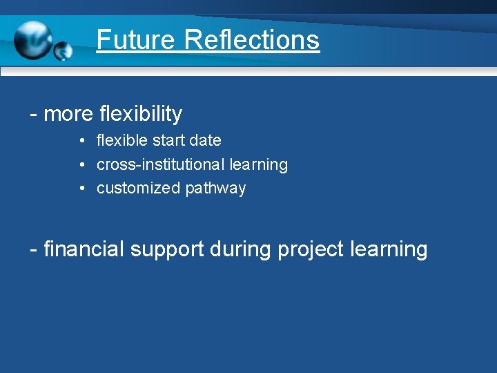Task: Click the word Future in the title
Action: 136,39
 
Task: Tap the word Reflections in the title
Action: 252,39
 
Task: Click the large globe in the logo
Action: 32,40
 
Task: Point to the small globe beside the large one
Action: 63,50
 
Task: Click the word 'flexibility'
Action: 141,114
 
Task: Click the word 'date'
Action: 206,140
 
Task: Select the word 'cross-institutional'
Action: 160,164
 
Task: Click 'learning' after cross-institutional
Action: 259,165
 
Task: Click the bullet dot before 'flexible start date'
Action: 81,141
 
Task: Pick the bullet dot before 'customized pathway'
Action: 81,189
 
